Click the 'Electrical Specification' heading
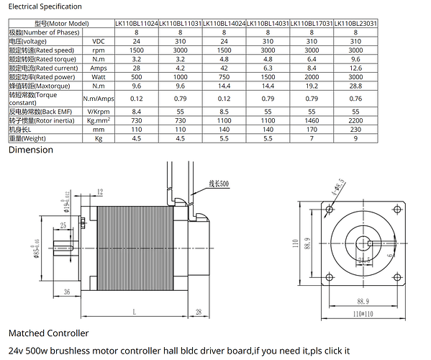[x=45, y=6]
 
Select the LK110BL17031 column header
[x=312, y=24]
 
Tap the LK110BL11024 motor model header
[x=136, y=24]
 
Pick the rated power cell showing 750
[x=224, y=77]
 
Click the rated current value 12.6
[x=355, y=68]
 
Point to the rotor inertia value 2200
[x=355, y=122]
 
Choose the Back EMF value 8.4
[x=136, y=112]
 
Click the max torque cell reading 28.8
[x=355, y=86]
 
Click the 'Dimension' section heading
[x=30, y=150]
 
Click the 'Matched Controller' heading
[x=48, y=333]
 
